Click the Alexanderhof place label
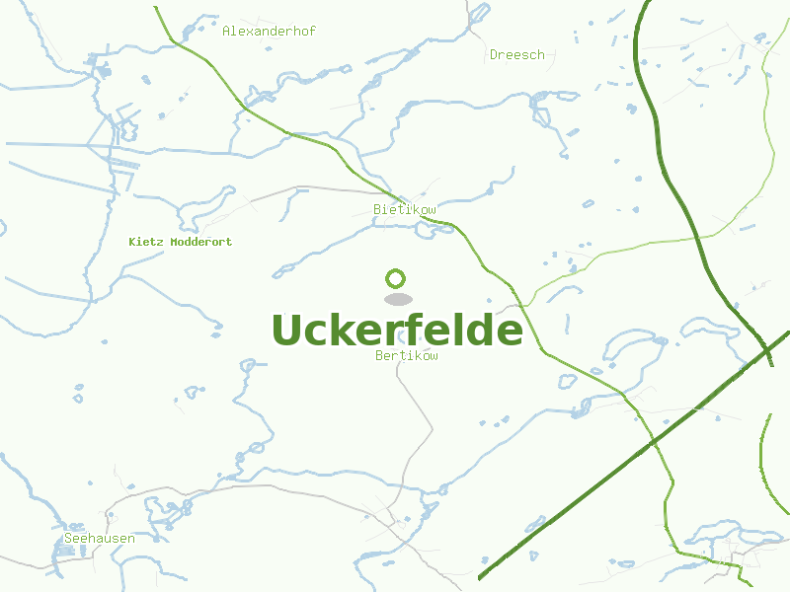coord(269,32)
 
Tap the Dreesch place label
coord(517,55)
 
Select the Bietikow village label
coord(405,210)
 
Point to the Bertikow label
coord(407,356)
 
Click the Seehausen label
coord(99,539)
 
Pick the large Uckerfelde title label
coord(397,331)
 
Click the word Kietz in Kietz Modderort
coord(146,242)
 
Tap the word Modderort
coord(201,242)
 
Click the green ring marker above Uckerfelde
coord(396,278)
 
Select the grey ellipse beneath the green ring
coord(397,299)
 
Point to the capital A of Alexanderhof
coord(226,32)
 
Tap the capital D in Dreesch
coord(494,55)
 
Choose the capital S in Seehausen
coord(67,539)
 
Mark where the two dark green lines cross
coord(765,348)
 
